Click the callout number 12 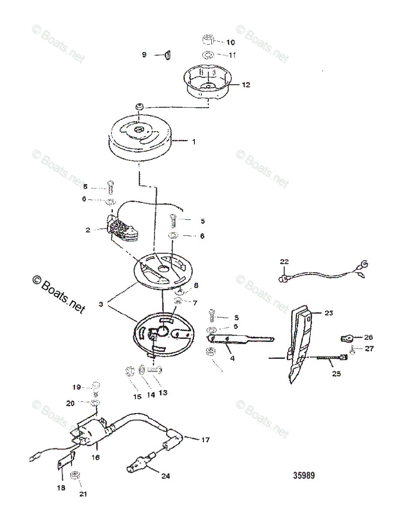click(x=246, y=85)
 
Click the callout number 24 click(x=165, y=476)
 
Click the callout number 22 click(x=284, y=262)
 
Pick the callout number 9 click(x=144, y=54)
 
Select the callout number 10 click(x=230, y=42)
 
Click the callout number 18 click(x=61, y=488)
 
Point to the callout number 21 click(x=83, y=494)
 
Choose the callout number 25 click(x=336, y=374)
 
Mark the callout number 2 click(x=88, y=230)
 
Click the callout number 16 click(x=95, y=457)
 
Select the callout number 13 click(x=163, y=392)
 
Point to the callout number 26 click(x=368, y=337)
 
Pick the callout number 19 click(x=77, y=387)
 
